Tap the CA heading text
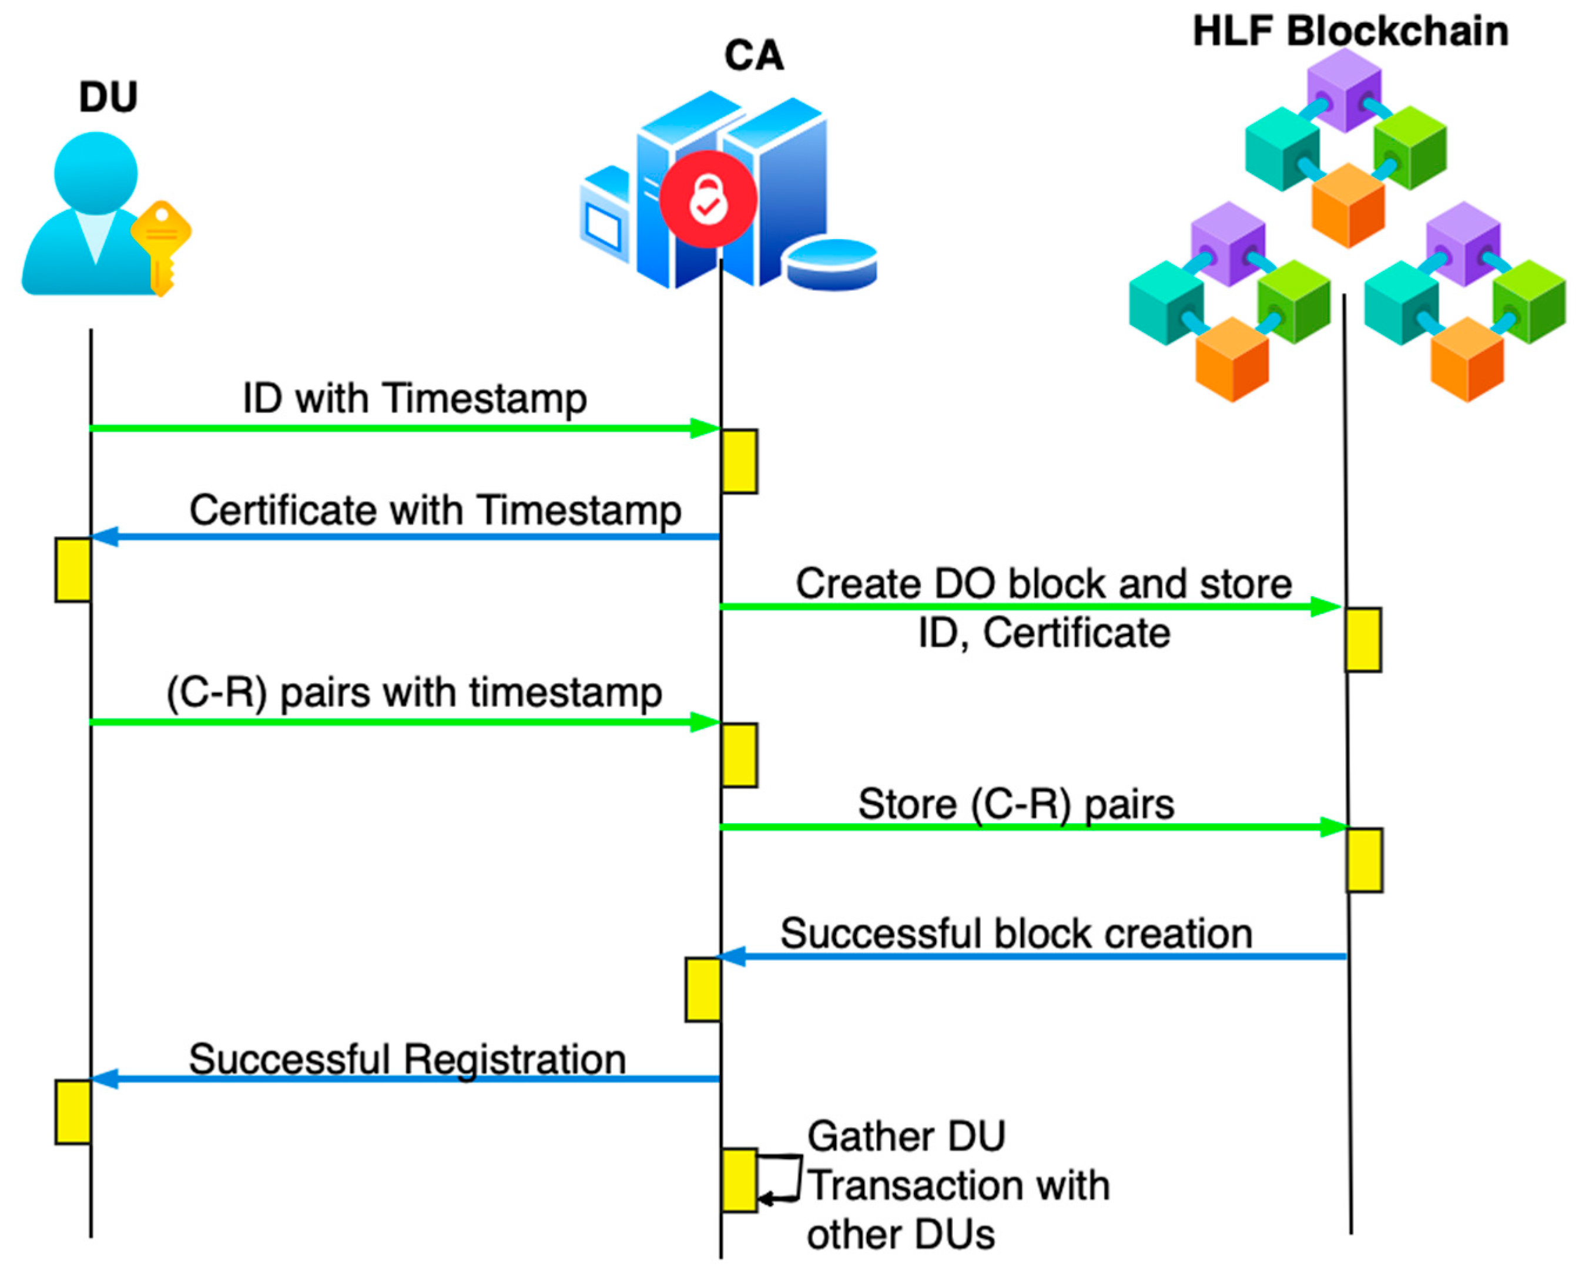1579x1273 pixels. click(x=754, y=56)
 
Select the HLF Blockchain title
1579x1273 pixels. click(x=1350, y=32)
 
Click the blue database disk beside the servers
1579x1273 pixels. click(x=832, y=264)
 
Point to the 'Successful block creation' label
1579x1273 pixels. click(x=1016, y=933)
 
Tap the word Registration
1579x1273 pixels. click(x=515, y=1060)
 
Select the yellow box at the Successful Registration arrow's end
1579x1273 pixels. click(x=73, y=1111)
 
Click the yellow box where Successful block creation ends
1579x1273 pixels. click(x=703, y=989)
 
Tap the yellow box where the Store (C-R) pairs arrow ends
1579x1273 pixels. click(x=1364, y=860)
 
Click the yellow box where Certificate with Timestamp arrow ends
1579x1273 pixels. click(x=73, y=570)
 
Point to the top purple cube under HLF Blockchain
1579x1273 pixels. click(x=1345, y=89)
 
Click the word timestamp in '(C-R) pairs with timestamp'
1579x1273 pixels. click(x=565, y=693)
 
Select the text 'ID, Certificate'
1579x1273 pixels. click(x=1044, y=633)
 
